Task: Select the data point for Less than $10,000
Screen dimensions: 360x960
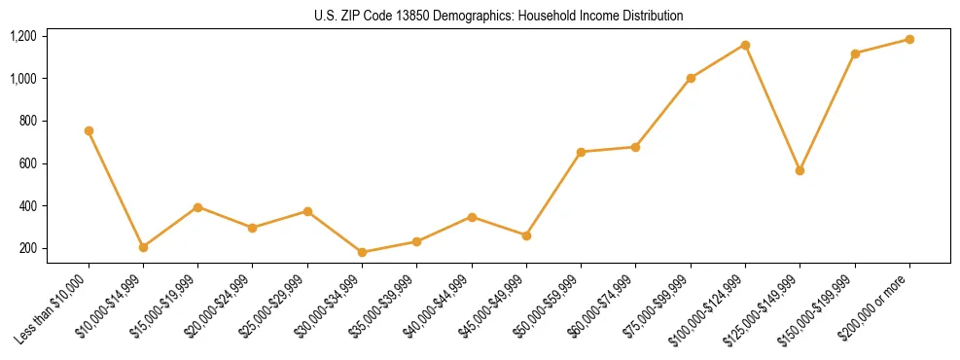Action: tap(89, 130)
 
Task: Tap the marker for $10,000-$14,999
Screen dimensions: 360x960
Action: tap(143, 247)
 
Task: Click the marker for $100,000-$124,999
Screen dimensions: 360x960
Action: tap(745, 45)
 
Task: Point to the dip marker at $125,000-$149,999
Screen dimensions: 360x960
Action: tap(800, 170)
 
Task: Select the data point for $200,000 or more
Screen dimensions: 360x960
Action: tap(909, 39)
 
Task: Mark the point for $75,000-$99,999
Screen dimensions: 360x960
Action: tap(691, 78)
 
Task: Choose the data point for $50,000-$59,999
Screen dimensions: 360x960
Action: tap(581, 152)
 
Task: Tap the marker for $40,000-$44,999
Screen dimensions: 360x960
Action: tap(472, 217)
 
